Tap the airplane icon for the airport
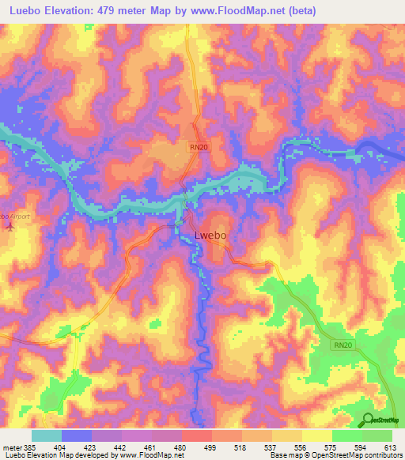9,227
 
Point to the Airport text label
13,215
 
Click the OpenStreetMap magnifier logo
367,420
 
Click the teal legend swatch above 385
46,435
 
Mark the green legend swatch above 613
377,435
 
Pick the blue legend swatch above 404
77,435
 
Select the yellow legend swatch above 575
317,435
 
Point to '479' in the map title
126,10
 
